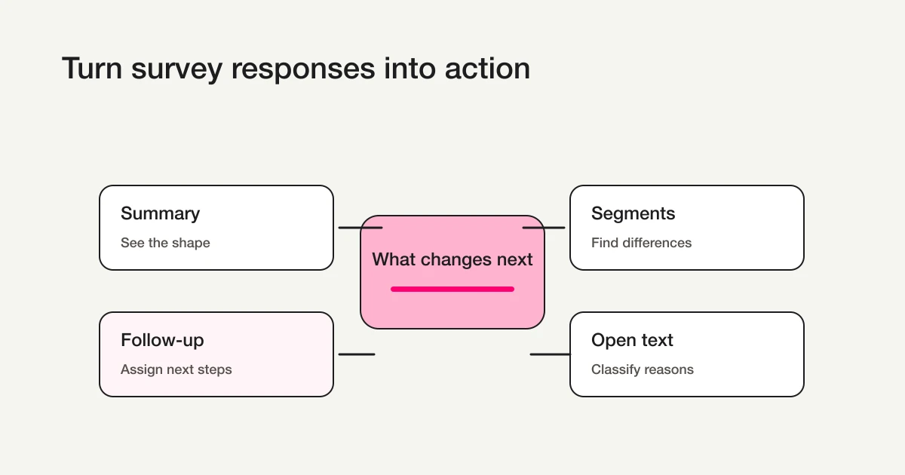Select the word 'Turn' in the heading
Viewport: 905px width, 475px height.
pyautogui.click(x=91, y=69)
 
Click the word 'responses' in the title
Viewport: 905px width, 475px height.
pyautogui.click(x=302, y=69)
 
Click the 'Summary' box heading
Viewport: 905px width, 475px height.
pyautogui.click(x=160, y=213)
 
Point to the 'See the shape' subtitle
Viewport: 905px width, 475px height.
pyautogui.click(x=165, y=243)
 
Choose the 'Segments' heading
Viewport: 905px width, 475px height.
pyautogui.click(x=633, y=213)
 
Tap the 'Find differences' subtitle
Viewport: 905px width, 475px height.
pyautogui.click(x=641, y=243)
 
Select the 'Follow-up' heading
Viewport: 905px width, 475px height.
pyautogui.click(x=162, y=340)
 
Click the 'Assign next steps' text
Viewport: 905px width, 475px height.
pyautogui.click(x=176, y=369)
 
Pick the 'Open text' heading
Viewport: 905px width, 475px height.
pyautogui.click(x=632, y=340)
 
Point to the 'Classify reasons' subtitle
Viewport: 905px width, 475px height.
pyautogui.click(x=642, y=369)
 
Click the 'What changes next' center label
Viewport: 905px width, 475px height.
pyautogui.click(x=452, y=259)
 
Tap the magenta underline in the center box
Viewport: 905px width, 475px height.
pyautogui.click(x=452, y=289)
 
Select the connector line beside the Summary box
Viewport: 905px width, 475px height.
pyautogui.click(x=360, y=227)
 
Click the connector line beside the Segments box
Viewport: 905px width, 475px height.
pyautogui.click(x=544, y=227)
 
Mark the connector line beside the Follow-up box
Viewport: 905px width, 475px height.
pyautogui.click(x=357, y=354)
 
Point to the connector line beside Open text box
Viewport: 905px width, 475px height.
pyautogui.click(x=550, y=354)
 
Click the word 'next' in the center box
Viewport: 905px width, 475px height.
pyautogui.click(x=514, y=259)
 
